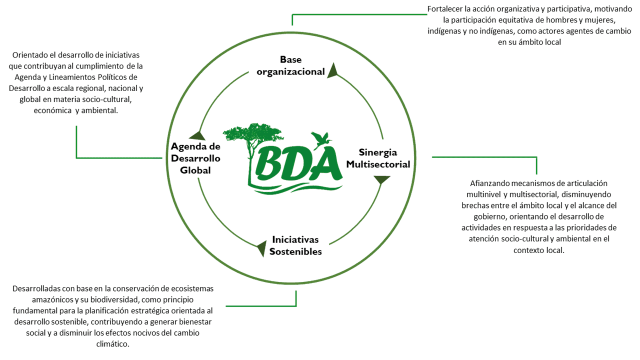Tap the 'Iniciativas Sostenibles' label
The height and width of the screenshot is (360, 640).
pyautogui.click(x=295, y=245)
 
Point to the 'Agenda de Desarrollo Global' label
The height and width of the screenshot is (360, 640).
pyautogui.click(x=195, y=158)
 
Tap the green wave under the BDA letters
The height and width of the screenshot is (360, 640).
pyautogui.click(x=295, y=188)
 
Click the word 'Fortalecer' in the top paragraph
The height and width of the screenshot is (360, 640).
pyautogui.click(x=443, y=9)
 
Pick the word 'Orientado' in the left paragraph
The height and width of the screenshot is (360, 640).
pyautogui.click(x=29, y=55)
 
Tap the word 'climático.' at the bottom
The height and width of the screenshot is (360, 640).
pyautogui.click(x=115, y=344)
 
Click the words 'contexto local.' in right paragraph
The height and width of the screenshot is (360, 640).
pyautogui.click(x=538, y=250)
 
